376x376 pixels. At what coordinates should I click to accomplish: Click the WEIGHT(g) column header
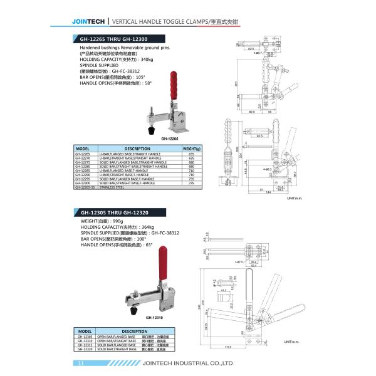coord(191,149)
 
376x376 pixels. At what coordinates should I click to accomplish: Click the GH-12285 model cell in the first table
coord(83,170)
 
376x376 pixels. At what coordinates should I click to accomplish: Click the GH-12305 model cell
coord(85,336)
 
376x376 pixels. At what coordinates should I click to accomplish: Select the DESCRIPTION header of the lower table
coord(134,331)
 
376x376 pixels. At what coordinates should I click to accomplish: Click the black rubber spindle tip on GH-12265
coord(150,130)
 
